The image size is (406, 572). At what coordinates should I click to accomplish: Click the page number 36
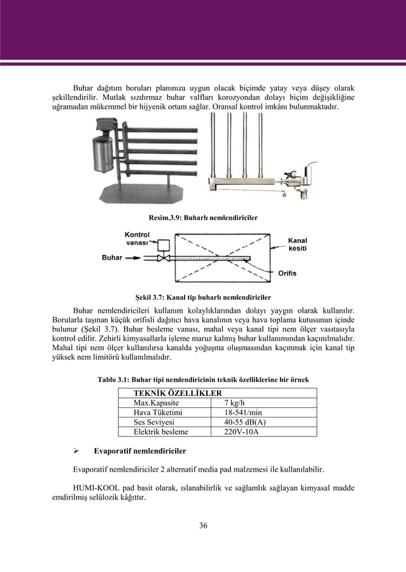(x=203, y=525)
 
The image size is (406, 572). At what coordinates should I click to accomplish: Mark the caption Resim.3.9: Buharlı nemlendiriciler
(x=203, y=217)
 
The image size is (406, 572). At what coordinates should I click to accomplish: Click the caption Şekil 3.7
(x=204, y=297)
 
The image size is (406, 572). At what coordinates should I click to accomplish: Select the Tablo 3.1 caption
(x=203, y=379)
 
